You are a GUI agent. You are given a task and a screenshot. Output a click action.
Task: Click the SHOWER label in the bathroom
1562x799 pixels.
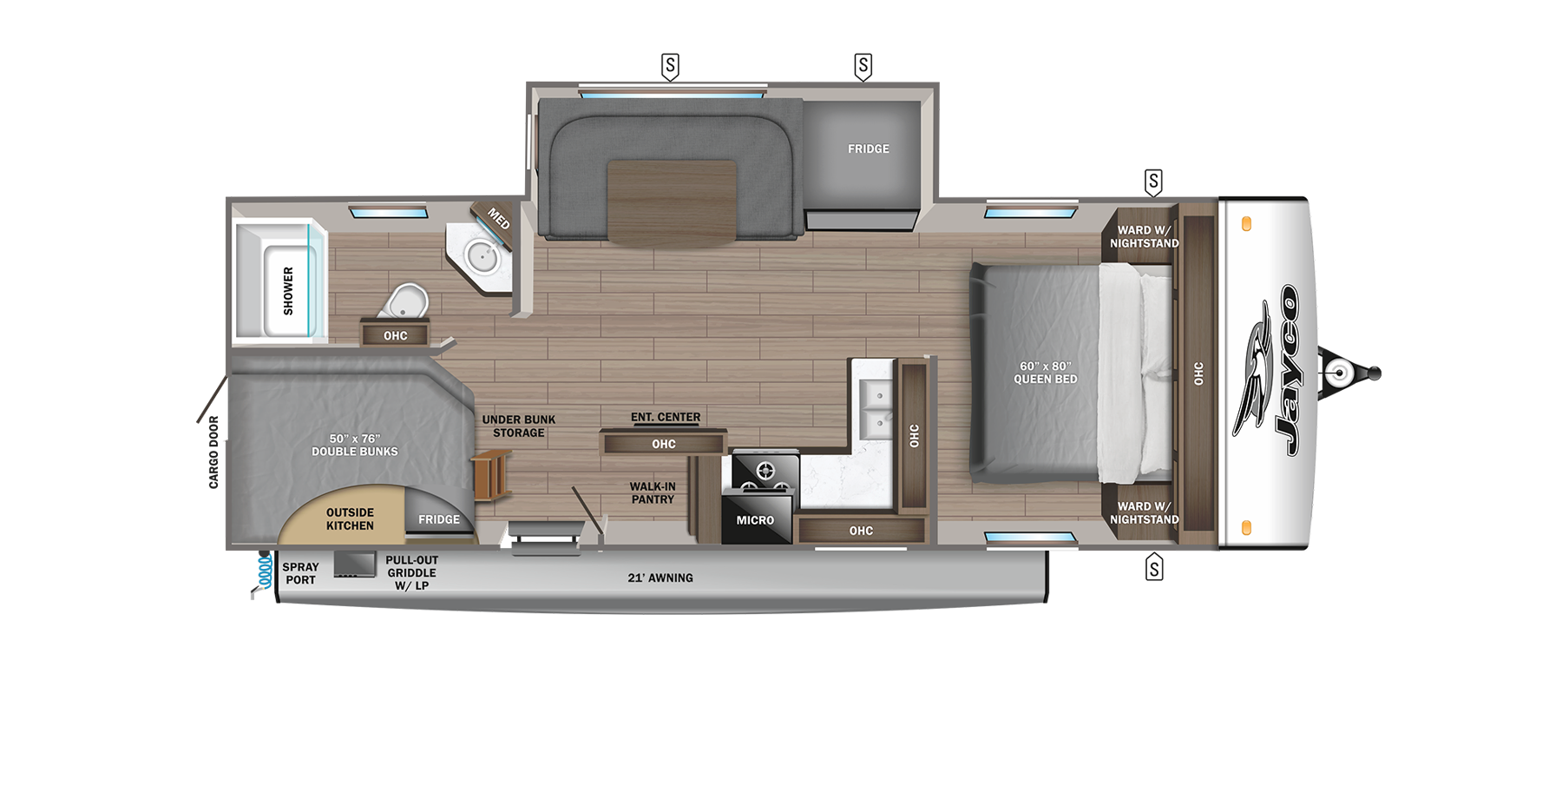(x=288, y=290)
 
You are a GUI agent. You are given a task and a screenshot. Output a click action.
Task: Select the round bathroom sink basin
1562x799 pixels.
(x=481, y=255)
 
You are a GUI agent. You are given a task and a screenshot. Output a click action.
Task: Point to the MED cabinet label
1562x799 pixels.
(x=498, y=218)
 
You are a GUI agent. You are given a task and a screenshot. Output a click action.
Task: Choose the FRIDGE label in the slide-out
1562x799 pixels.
(x=868, y=149)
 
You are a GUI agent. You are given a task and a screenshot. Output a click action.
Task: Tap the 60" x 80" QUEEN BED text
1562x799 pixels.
(x=1045, y=373)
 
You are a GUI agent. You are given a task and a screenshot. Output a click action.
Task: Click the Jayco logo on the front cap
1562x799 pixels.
(x=1268, y=372)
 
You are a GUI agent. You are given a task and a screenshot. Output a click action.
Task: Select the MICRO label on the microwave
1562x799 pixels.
(x=755, y=520)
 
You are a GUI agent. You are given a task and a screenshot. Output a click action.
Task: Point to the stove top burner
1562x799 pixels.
(x=765, y=472)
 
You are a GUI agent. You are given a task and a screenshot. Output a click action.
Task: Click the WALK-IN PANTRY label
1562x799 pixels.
(x=653, y=493)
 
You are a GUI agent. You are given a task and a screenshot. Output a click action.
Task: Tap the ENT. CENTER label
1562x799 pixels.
(x=666, y=418)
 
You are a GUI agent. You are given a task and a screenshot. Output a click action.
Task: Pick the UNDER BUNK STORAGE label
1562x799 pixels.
(x=519, y=426)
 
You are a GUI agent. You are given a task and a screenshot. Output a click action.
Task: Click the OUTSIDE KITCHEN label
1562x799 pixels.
(x=350, y=519)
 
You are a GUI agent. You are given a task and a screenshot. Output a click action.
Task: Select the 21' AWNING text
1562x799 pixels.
(x=660, y=578)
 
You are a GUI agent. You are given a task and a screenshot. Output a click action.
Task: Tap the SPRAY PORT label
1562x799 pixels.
(x=300, y=573)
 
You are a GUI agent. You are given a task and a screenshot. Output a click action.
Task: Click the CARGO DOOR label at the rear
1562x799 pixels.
(x=213, y=452)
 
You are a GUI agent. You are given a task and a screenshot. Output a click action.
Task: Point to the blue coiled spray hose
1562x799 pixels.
(x=265, y=570)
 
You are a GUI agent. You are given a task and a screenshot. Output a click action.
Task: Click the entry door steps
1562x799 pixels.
(x=546, y=537)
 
